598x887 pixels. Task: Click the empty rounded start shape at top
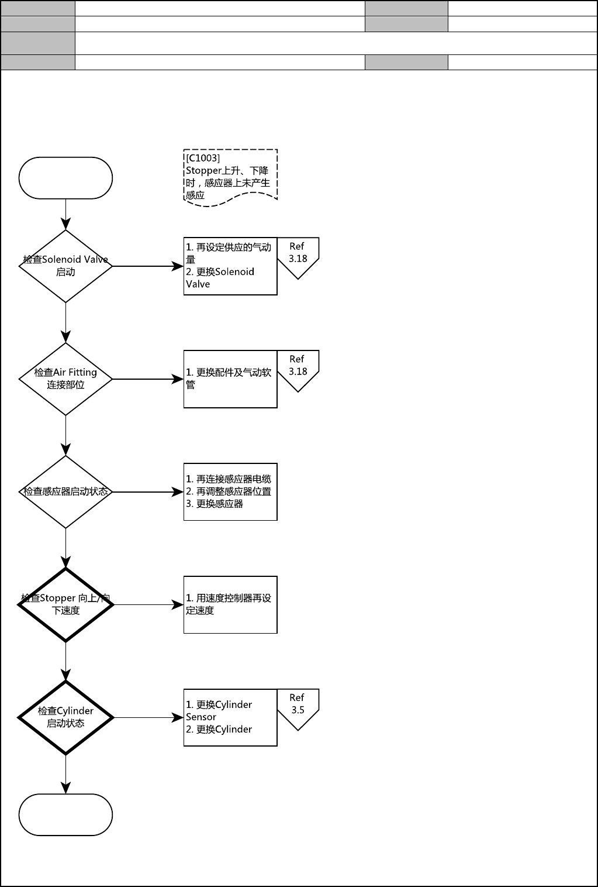click(x=65, y=178)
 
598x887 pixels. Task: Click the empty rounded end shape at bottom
click(x=65, y=814)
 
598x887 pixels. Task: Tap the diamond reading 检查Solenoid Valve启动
click(x=65, y=266)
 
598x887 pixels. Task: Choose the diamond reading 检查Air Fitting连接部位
click(x=65, y=379)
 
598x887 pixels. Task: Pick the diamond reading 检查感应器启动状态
click(x=65, y=492)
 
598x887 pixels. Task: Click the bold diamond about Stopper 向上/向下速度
click(x=65, y=604)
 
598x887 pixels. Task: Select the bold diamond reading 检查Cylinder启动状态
click(x=65, y=717)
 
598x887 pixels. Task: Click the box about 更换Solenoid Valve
click(x=230, y=266)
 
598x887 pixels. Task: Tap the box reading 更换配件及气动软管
click(x=230, y=379)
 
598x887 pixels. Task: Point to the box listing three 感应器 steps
click(x=230, y=492)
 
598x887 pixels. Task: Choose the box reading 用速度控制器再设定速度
click(x=230, y=604)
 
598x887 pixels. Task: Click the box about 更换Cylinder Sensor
click(x=230, y=717)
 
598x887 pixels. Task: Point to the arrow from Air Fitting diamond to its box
click(x=147, y=379)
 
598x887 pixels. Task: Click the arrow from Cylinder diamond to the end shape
click(x=65, y=773)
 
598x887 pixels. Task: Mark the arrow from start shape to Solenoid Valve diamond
click(x=65, y=214)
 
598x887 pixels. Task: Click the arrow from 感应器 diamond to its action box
click(x=147, y=492)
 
